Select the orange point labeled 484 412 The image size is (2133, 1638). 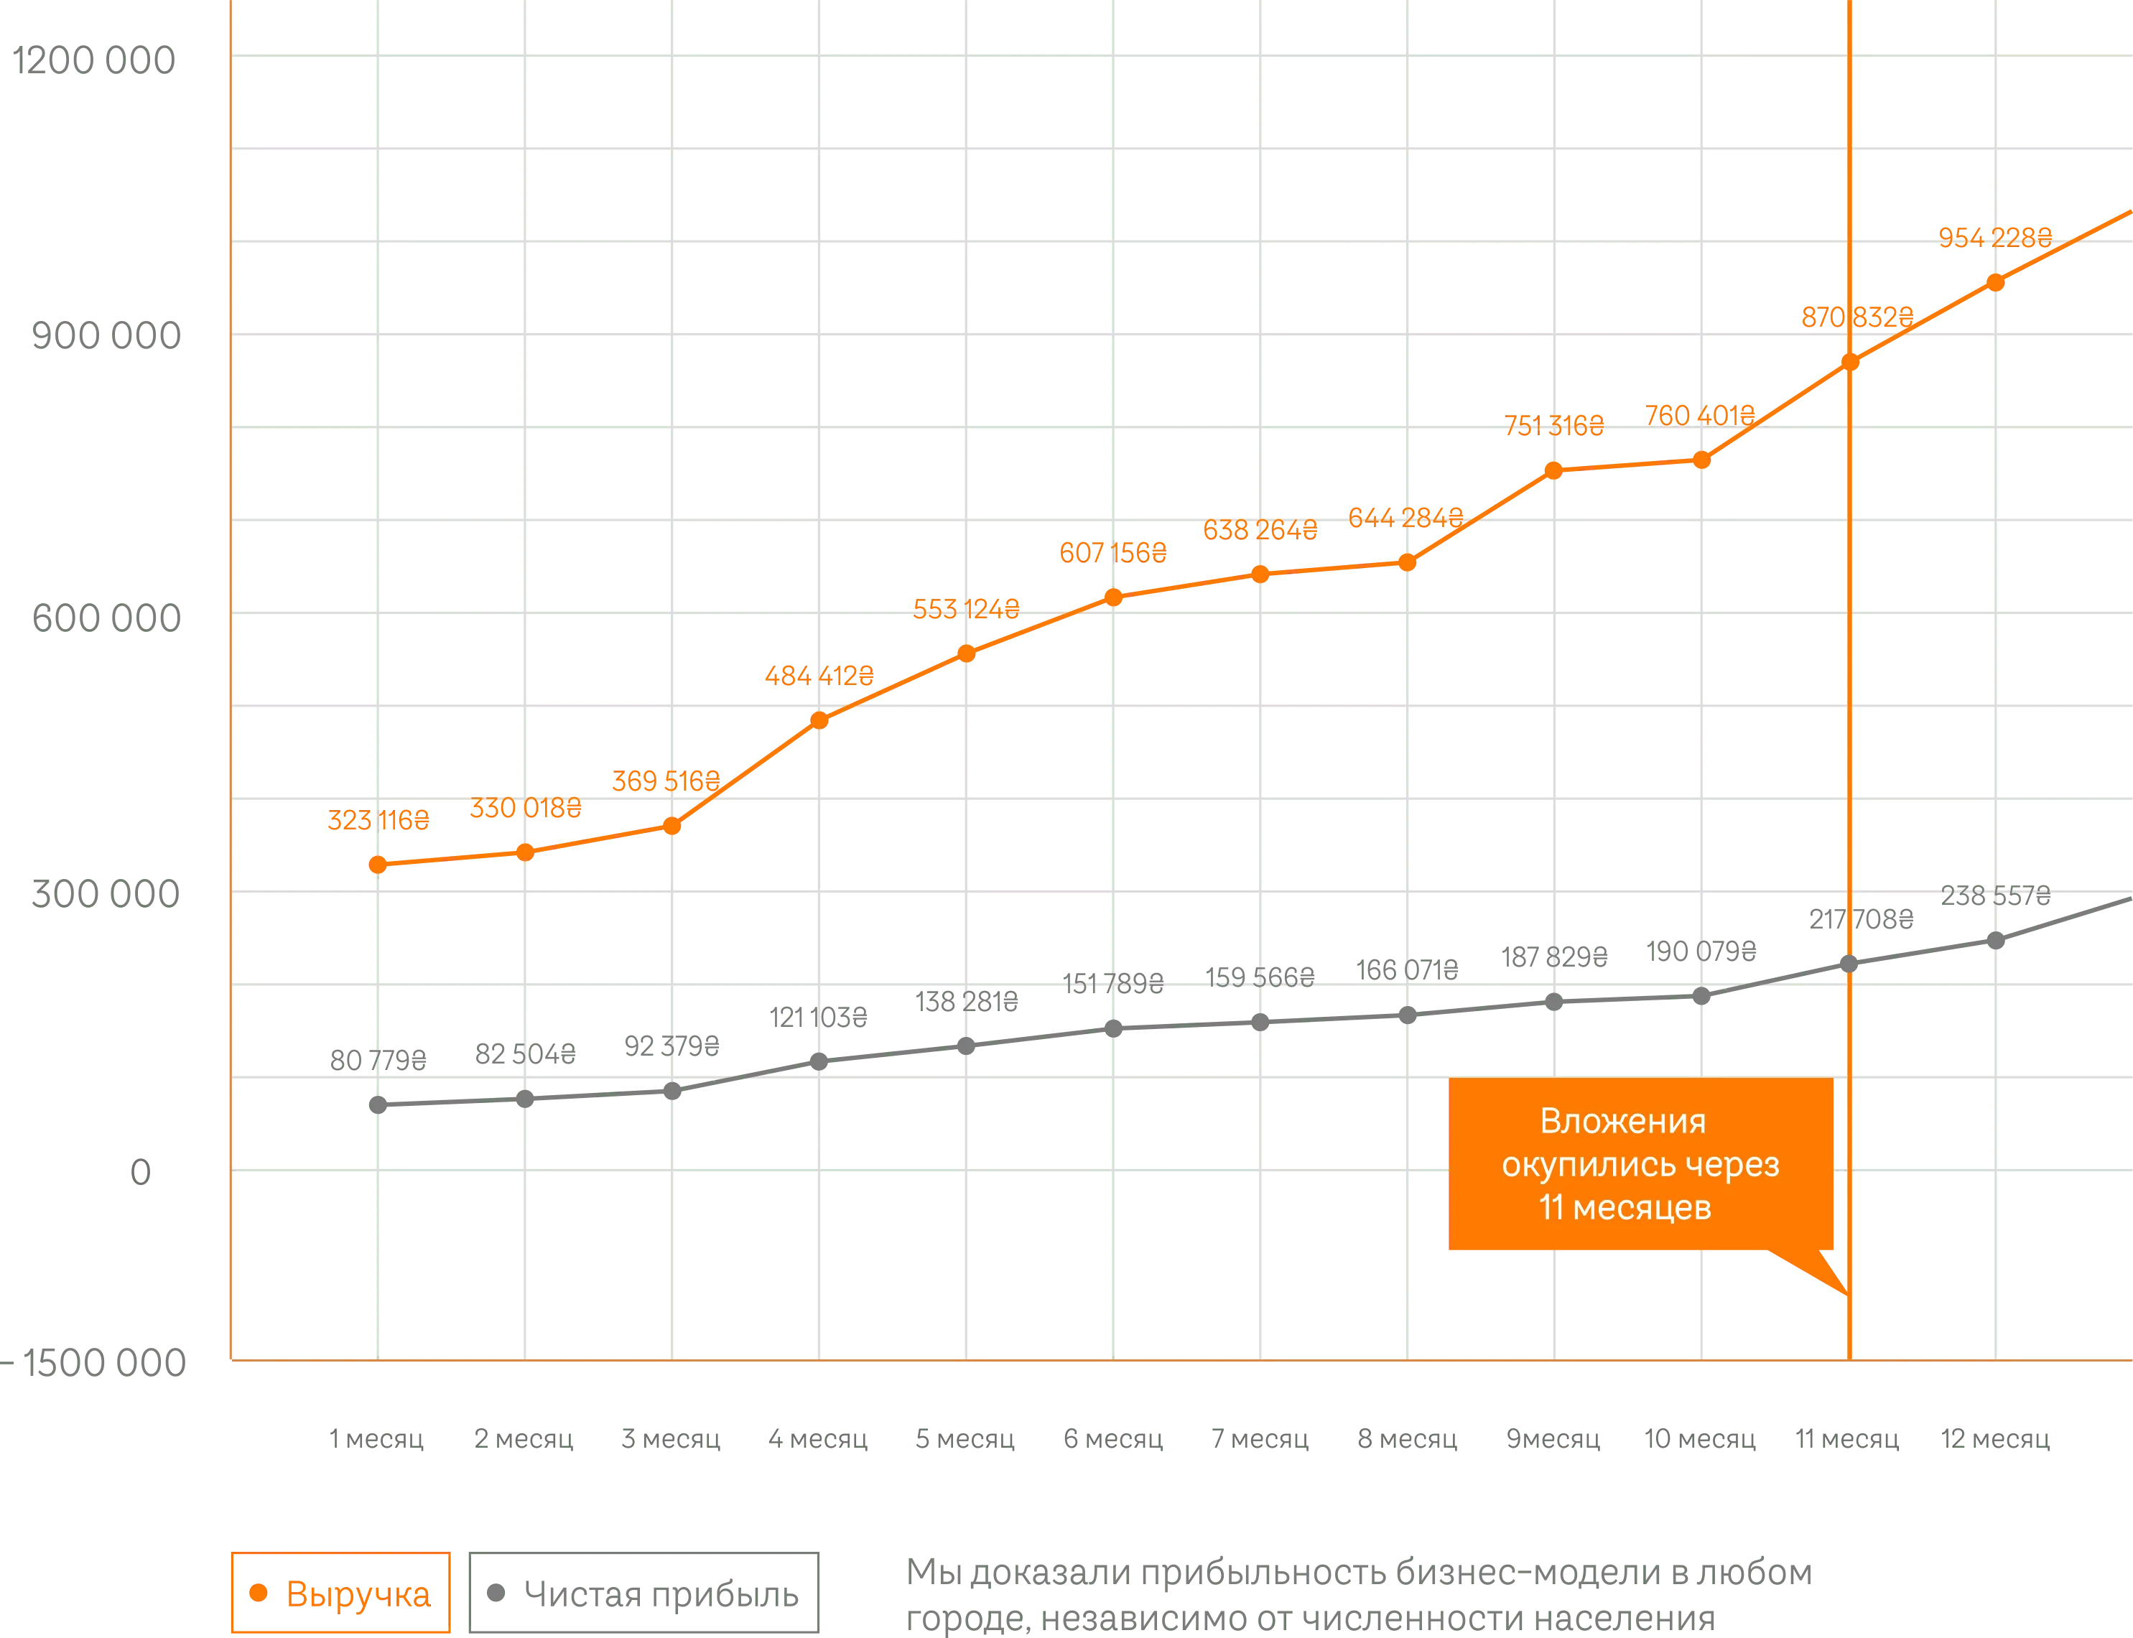[820, 720]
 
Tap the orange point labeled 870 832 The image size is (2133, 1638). [1849, 363]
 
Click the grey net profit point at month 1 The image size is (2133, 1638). [378, 1104]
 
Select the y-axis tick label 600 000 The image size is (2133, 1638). [106, 618]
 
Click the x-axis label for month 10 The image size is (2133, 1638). [1701, 1439]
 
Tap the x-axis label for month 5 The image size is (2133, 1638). [965, 1439]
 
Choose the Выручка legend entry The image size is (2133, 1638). [341, 1595]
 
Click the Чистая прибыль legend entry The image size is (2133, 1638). [643, 1595]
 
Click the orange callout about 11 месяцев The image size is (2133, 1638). [1641, 1164]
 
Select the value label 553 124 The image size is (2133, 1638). [966, 610]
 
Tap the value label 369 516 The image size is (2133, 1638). [666, 782]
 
